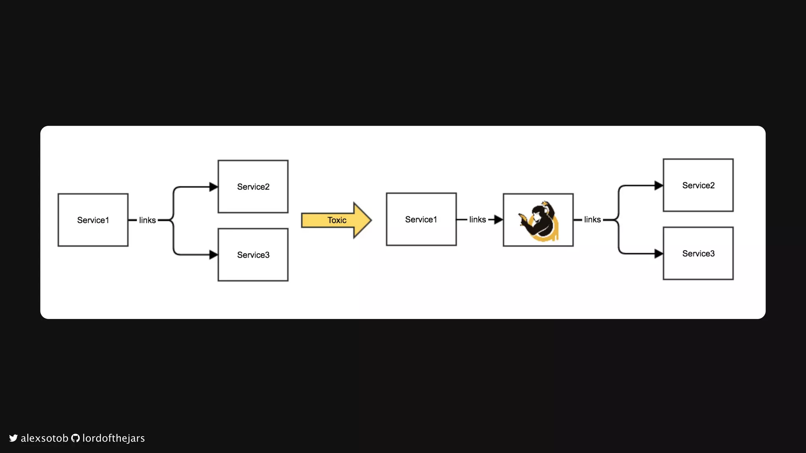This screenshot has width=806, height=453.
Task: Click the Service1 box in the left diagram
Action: click(x=93, y=220)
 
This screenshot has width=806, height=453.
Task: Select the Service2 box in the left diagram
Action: click(x=253, y=186)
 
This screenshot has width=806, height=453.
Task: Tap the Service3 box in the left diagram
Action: click(x=253, y=255)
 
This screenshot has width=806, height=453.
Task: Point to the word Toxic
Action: click(x=337, y=220)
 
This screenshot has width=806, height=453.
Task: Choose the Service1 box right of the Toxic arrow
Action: click(x=421, y=219)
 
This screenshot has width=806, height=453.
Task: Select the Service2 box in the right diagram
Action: click(x=698, y=185)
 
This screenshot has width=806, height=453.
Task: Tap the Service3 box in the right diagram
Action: click(x=698, y=254)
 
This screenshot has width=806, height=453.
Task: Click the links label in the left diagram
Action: click(x=147, y=220)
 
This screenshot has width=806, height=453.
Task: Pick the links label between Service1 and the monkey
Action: click(x=477, y=219)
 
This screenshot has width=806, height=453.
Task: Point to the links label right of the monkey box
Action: click(x=592, y=219)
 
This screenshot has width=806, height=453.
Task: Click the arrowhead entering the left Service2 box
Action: click(x=213, y=187)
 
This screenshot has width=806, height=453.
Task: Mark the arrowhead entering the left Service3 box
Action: click(x=213, y=255)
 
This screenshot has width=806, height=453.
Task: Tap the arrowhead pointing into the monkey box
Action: click(x=498, y=219)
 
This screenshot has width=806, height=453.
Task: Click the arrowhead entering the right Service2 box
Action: click(x=658, y=186)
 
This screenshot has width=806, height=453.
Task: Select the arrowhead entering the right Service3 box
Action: click(x=658, y=254)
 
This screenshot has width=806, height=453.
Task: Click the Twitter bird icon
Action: click(x=13, y=438)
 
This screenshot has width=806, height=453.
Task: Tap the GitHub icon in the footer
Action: click(x=75, y=438)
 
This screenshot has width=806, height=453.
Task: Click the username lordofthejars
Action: click(x=113, y=438)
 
